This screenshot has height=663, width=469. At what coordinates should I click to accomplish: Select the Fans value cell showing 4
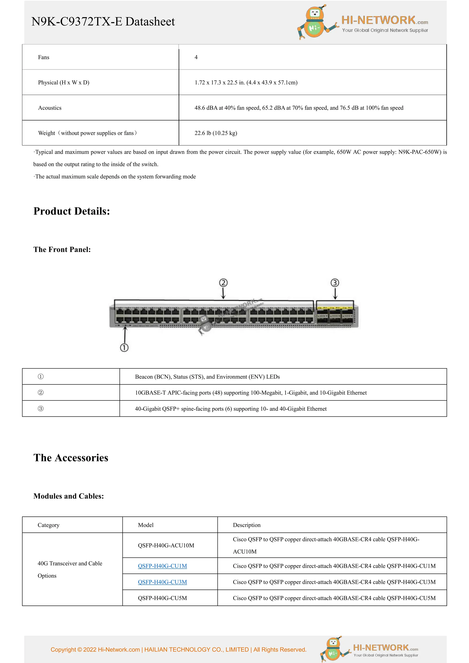click(196, 57)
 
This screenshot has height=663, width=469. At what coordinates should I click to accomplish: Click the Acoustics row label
click(50, 108)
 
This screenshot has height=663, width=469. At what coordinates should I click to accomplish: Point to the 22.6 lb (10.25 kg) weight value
click(216, 133)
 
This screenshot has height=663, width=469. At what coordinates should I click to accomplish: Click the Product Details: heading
click(72, 211)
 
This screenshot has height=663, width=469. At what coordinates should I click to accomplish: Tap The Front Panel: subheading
click(62, 250)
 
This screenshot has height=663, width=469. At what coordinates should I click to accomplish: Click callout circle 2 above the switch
click(223, 283)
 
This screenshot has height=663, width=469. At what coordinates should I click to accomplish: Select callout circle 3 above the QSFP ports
click(335, 283)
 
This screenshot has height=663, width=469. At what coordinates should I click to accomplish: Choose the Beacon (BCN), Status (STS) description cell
click(207, 377)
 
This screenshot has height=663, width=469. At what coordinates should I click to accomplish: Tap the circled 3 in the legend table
click(41, 409)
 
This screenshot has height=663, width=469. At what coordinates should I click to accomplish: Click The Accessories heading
click(71, 458)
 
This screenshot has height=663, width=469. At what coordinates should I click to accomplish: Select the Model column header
click(146, 525)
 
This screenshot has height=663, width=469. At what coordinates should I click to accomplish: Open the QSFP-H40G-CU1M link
click(162, 566)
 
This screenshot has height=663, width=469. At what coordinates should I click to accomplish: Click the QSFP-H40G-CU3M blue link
click(162, 582)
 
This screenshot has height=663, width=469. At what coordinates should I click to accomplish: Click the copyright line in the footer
click(178, 649)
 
